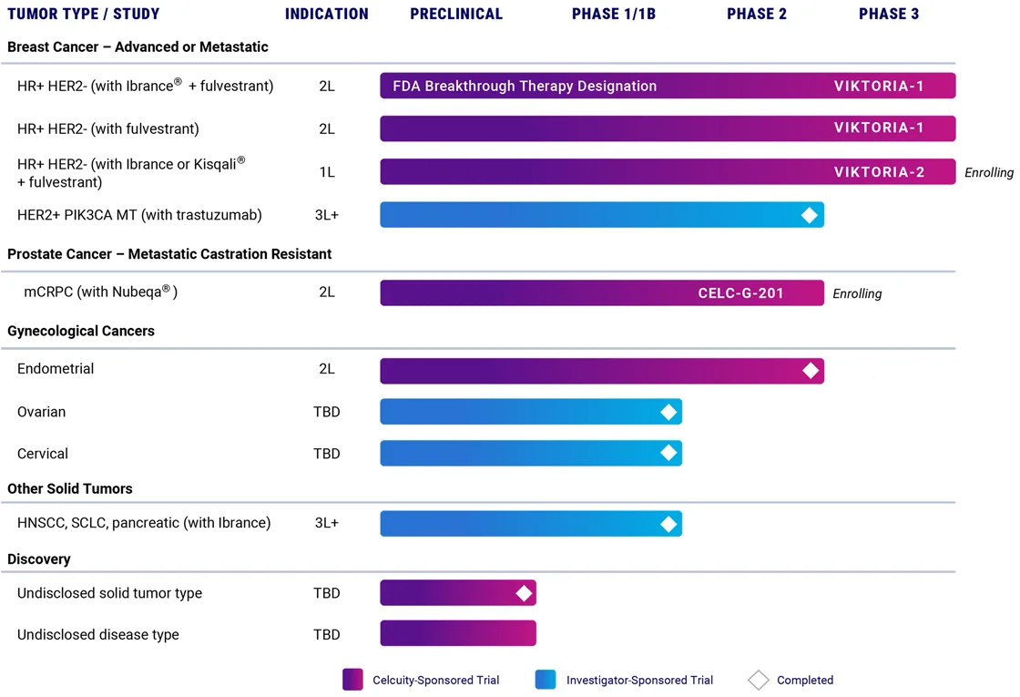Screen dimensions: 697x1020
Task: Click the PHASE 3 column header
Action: pos(889,14)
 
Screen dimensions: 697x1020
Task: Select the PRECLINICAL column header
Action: pos(456,14)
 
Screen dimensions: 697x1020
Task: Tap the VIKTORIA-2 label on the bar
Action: pos(879,172)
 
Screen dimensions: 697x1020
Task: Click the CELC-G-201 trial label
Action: pos(740,293)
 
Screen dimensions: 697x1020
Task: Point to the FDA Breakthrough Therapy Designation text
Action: pos(525,87)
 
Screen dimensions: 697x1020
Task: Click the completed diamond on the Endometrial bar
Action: pos(810,371)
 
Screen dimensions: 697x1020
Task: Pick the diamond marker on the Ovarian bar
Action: pos(668,412)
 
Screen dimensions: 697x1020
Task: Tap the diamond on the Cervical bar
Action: pos(668,453)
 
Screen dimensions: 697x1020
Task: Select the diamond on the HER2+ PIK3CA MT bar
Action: pos(809,215)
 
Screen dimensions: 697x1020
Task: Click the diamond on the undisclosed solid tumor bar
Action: pos(524,593)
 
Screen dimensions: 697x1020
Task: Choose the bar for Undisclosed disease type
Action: pos(458,634)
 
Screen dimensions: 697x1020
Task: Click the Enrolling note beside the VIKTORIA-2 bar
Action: pos(989,173)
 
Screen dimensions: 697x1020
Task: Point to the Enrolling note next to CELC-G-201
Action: pos(857,294)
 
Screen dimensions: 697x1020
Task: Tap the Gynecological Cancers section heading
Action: pos(81,332)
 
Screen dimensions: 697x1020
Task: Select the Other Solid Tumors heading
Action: pos(70,489)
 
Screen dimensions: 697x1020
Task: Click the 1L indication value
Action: pos(327,172)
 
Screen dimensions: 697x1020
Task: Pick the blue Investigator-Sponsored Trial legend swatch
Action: pos(546,680)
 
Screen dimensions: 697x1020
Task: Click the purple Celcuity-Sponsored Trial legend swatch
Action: pos(352,680)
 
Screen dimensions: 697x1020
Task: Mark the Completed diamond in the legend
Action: pos(758,680)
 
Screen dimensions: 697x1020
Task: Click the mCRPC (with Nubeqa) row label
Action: pos(100,292)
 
